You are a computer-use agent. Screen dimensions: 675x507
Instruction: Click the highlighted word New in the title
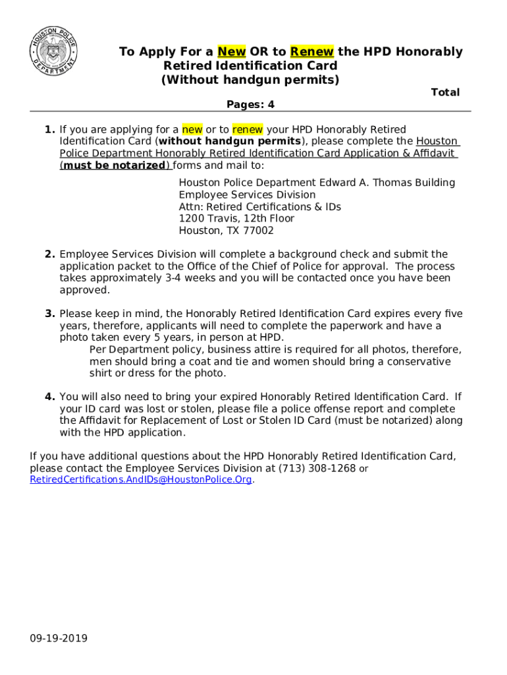pos(232,51)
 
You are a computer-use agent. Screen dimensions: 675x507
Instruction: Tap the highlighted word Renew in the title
pos(312,51)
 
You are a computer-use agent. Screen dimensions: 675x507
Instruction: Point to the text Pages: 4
pos(250,105)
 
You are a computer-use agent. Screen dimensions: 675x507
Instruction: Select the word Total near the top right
pos(445,92)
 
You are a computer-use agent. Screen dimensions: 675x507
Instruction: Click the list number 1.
pos(50,129)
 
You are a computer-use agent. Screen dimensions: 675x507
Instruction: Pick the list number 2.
pos(50,254)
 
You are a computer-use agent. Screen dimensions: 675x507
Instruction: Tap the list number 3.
pos(50,314)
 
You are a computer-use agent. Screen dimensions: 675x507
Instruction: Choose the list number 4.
pos(50,397)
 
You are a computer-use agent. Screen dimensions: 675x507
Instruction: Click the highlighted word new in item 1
pos(192,129)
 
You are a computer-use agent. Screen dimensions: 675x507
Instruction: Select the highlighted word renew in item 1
pos(248,129)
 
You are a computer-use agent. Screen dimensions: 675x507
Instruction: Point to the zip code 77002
pos(259,231)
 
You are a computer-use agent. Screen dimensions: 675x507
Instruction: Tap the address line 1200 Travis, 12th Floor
pos(236,218)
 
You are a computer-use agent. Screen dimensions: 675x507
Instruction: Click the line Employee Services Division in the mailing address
pos(247,195)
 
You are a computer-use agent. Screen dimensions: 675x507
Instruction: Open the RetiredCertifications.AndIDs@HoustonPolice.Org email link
pos(141,480)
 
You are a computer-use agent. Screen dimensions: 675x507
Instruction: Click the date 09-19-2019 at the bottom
pos(59,639)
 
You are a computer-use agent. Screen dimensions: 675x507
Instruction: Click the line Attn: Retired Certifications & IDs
pos(260,207)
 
